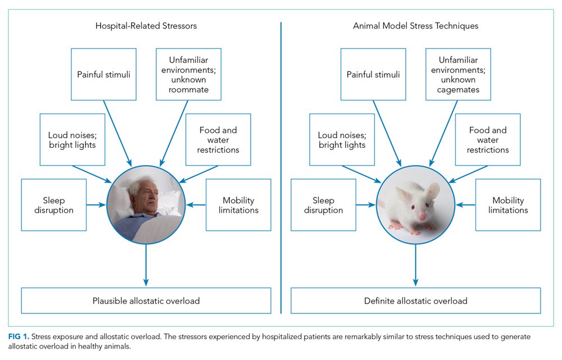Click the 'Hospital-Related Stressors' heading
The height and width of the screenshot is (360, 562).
click(x=146, y=26)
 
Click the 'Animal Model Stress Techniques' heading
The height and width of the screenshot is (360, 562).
click(x=415, y=26)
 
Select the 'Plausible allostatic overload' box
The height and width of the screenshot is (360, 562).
click(x=146, y=301)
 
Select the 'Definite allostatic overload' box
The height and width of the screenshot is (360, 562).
click(x=415, y=301)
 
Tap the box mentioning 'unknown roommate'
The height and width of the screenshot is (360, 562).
click(x=188, y=74)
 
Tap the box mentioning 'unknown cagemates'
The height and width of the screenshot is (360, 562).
click(x=458, y=74)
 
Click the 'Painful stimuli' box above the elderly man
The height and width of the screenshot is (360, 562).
click(x=103, y=74)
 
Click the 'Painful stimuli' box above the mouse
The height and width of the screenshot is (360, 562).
click(x=373, y=74)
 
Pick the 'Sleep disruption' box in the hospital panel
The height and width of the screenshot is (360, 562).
click(x=54, y=205)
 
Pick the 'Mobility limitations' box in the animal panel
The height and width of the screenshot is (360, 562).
click(x=508, y=205)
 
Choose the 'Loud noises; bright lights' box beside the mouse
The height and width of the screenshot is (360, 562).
click(x=342, y=140)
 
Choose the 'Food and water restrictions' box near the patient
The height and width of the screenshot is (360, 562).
click(x=219, y=140)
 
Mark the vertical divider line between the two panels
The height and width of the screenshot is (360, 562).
click(x=280, y=168)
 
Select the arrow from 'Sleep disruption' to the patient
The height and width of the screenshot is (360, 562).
click(x=97, y=205)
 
